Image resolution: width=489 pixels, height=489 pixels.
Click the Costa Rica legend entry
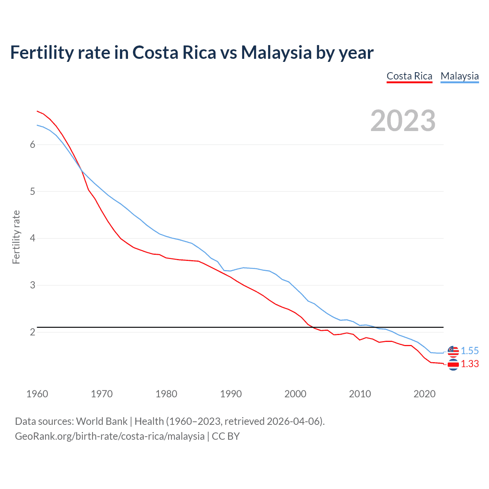click(x=409, y=76)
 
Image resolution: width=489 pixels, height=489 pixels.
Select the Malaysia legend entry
click(x=459, y=76)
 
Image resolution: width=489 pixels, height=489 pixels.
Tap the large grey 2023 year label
click(x=403, y=121)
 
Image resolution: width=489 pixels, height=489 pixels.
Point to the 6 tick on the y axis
click(x=32, y=144)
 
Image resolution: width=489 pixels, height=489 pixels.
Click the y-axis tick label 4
click(x=32, y=238)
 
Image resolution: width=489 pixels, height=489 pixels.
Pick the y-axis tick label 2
click(x=32, y=332)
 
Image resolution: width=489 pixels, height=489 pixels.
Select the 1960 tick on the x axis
click(x=37, y=394)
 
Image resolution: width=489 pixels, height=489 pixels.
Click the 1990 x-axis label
click(x=231, y=394)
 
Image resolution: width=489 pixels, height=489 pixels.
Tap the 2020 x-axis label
click(x=424, y=394)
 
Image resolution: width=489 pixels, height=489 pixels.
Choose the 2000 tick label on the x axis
click(x=295, y=394)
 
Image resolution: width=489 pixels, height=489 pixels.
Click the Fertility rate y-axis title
click(x=16, y=237)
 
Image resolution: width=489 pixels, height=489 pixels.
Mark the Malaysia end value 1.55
click(x=470, y=351)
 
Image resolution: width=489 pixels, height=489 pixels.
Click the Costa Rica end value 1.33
click(x=470, y=364)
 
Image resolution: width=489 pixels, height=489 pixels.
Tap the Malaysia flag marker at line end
click(x=453, y=351)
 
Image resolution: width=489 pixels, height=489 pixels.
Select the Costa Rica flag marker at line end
click(x=453, y=365)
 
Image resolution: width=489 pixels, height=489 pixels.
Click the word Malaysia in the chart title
click(x=276, y=52)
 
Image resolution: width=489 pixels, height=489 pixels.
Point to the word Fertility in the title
click(x=41, y=52)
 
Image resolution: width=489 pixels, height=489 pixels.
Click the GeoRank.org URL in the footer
click(x=110, y=436)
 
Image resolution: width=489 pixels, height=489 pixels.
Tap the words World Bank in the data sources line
click(x=102, y=421)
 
